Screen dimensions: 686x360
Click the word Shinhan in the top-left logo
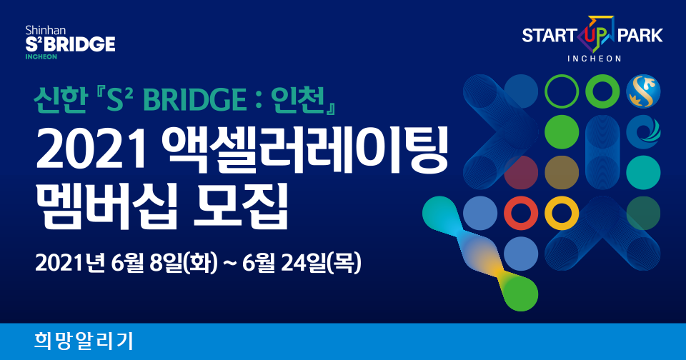click(x=46, y=30)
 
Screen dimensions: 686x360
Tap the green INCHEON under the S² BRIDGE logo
click(x=41, y=57)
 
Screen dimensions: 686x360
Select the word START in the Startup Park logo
click(x=549, y=36)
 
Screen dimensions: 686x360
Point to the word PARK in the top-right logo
click(x=640, y=36)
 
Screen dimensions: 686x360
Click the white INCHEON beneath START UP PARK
click(x=594, y=59)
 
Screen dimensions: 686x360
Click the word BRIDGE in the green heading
click(x=194, y=101)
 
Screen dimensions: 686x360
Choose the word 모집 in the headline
click(x=241, y=205)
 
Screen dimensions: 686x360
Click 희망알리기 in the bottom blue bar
click(x=84, y=341)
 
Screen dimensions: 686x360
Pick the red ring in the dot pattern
click(x=521, y=213)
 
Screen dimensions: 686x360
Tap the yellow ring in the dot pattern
click(x=562, y=213)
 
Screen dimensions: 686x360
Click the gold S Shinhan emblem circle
click(x=643, y=91)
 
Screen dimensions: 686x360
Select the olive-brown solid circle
click(x=562, y=172)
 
